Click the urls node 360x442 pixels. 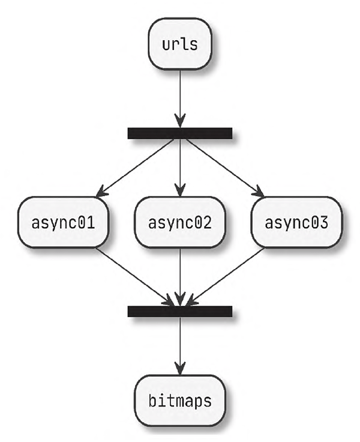click(180, 44)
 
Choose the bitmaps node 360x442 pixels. click(180, 399)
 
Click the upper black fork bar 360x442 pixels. click(180, 133)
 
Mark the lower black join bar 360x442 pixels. click(180, 310)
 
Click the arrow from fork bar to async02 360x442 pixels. click(180, 165)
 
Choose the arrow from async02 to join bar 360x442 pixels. click(180, 273)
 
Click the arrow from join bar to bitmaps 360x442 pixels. click(180, 342)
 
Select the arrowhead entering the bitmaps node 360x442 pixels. click(180, 368)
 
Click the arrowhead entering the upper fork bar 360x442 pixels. click(180, 120)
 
